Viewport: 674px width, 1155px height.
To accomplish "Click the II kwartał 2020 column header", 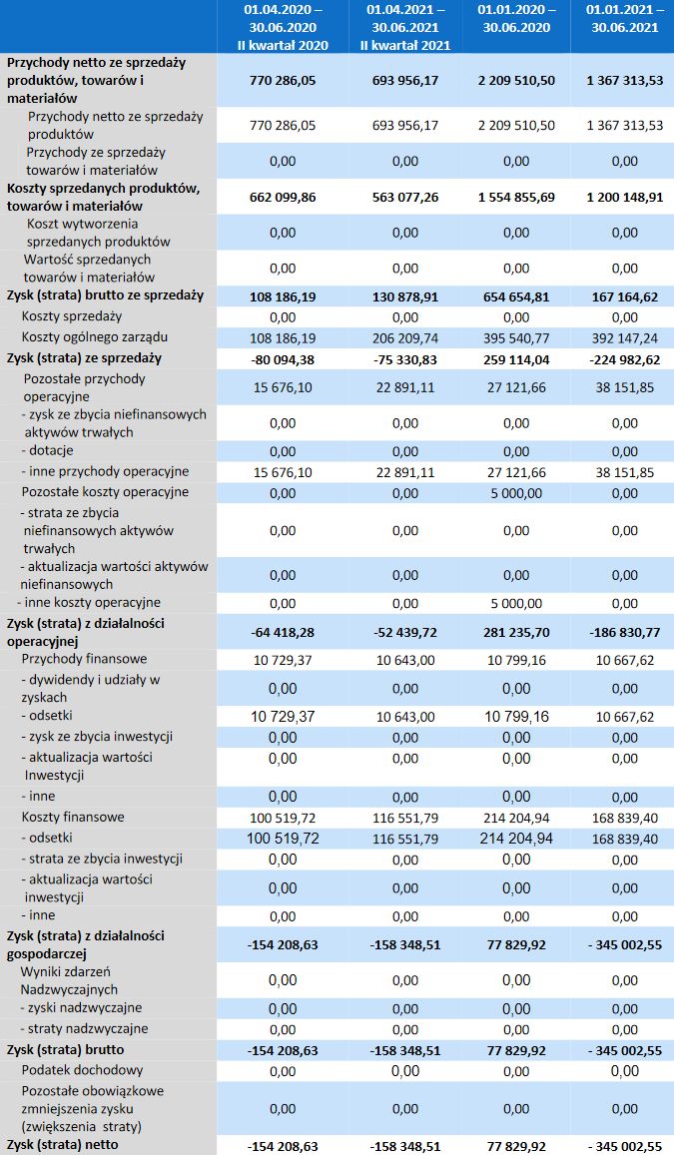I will coord(283,27).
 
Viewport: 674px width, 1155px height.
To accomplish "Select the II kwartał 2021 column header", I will coord(405,27).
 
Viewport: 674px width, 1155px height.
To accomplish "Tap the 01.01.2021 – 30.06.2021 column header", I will coord(624,19).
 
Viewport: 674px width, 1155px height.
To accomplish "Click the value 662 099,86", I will coord(283,197).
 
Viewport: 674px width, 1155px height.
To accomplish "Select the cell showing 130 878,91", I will coord(405,295).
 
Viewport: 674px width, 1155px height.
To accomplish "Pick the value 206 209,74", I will coord(405,337).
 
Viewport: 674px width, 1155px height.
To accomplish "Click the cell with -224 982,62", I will coord(624,357).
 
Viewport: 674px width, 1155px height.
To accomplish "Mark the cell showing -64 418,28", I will coord(283,631).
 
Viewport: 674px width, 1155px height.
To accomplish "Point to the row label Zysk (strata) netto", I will coord(62,1144).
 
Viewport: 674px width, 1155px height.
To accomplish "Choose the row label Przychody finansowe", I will coord(84,659).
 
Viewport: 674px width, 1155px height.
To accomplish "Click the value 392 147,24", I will coord(624,337).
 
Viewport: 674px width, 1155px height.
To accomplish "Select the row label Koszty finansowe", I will coord(73,817).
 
